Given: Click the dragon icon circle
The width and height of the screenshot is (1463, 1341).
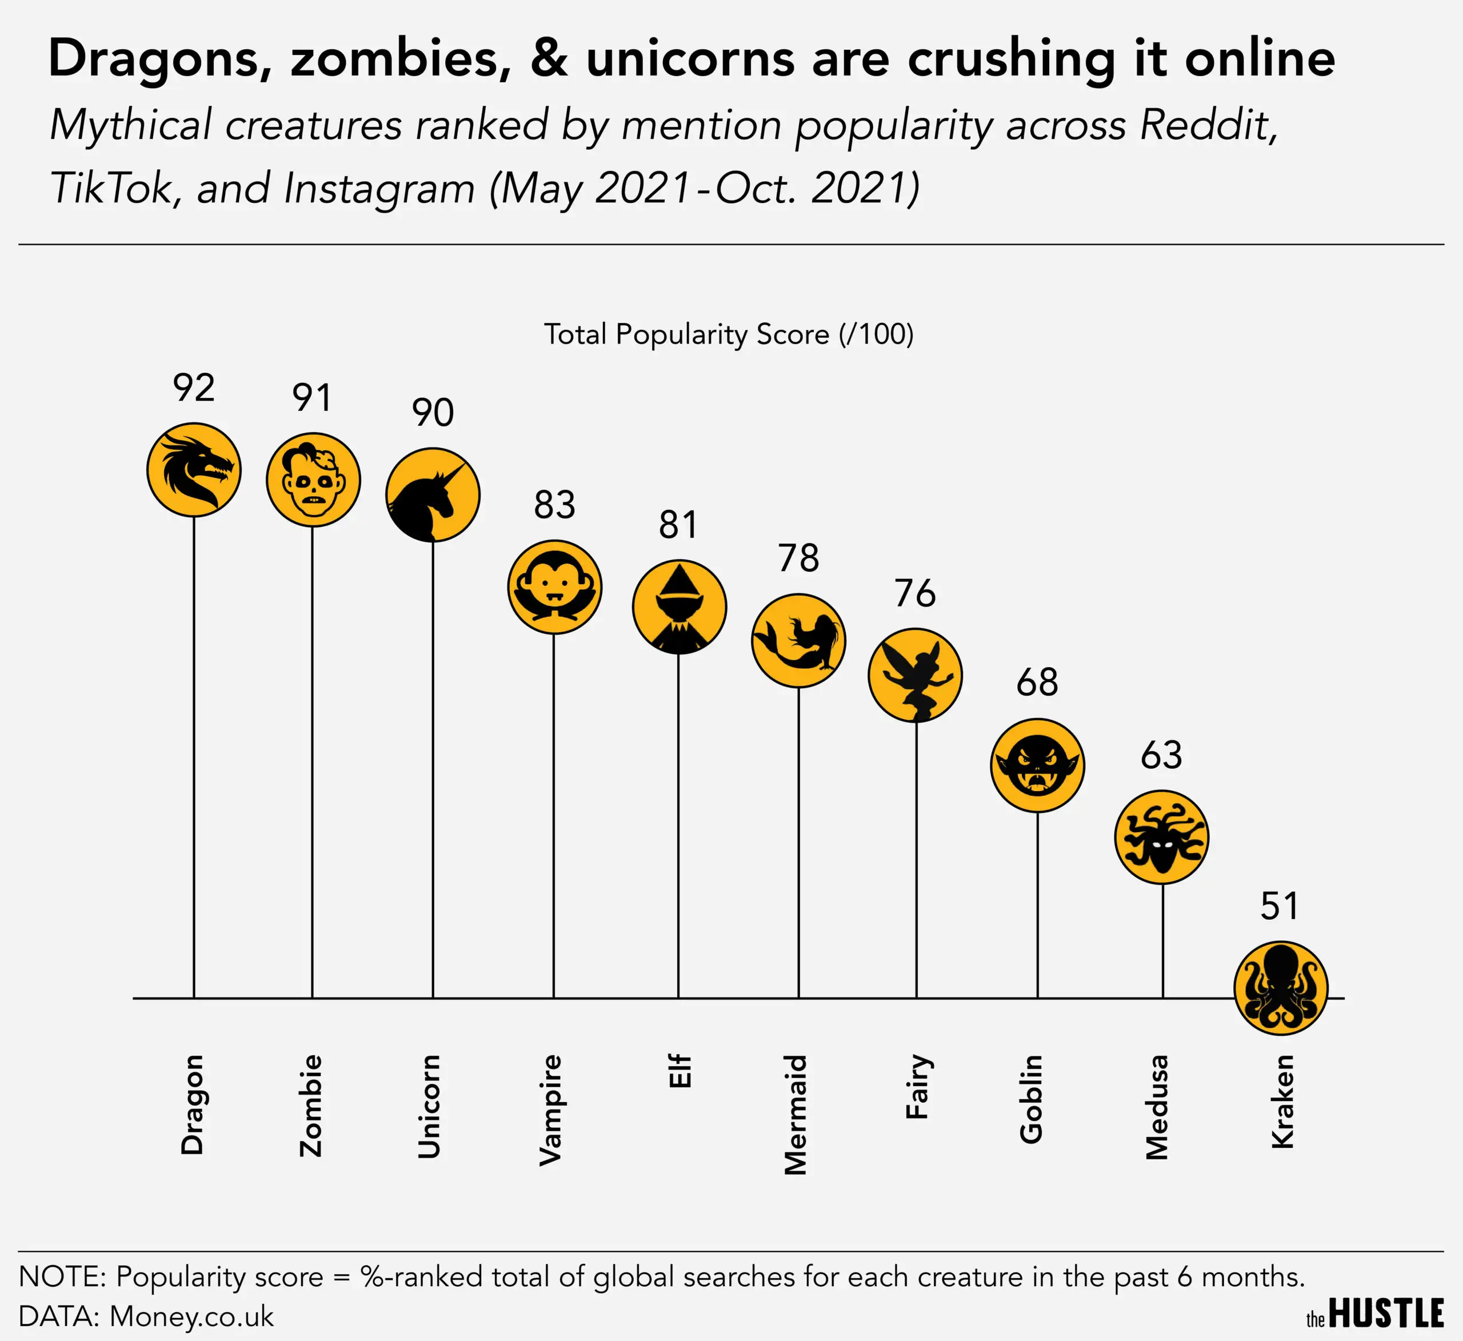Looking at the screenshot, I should (194, 470).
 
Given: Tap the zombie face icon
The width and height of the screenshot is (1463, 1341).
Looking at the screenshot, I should (313, 480).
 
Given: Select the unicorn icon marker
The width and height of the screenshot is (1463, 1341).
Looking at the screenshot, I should (433, 494).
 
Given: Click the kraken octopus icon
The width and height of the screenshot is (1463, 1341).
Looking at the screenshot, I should (1281, 987).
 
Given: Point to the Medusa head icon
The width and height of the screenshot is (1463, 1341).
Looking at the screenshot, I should (1161, 837).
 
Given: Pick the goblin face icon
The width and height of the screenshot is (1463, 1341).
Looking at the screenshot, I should (1037, 765).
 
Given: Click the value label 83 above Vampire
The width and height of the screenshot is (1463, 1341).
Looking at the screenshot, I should (554, 505).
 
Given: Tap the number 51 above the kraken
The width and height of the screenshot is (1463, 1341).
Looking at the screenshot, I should (1280, 906).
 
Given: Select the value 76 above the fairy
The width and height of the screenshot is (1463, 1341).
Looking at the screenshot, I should (915, 593).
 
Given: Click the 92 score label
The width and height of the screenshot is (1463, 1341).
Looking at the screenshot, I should (194, 388).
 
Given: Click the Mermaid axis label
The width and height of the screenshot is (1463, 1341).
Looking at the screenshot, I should (796, 1115).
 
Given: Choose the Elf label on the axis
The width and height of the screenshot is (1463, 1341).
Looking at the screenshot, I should (679, 1071).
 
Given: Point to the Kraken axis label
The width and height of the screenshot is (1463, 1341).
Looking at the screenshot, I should (1283, 1101).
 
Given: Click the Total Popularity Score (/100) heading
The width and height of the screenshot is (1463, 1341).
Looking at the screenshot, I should (729, 334).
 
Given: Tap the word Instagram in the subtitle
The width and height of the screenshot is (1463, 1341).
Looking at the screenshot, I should (379, 188).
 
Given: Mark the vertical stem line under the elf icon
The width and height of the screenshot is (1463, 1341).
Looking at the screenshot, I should (678, 828).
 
